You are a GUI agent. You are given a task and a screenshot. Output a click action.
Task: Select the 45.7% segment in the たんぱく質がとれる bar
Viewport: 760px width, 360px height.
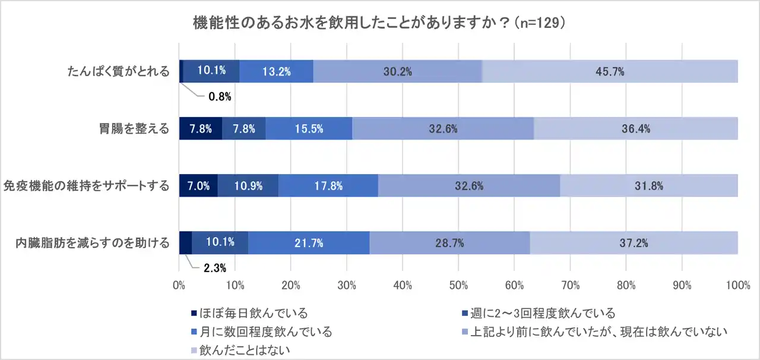click(610, 71)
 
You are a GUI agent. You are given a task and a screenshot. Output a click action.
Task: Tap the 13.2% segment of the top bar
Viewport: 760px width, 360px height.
click(277, 71)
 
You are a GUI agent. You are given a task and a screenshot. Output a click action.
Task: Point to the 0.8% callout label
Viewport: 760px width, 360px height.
click(220, 97)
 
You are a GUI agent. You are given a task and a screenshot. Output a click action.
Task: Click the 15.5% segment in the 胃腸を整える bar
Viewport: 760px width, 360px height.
click(309, 128)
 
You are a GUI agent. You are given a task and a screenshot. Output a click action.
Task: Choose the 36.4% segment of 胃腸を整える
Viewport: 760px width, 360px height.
click(636, 128)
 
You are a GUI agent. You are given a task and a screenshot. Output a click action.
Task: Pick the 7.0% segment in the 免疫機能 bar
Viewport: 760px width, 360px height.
click(198, 185)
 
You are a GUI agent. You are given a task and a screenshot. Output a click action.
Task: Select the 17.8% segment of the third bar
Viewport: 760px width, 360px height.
click(328, 185)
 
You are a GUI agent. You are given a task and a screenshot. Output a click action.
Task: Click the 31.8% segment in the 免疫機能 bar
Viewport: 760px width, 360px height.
click(648, 185)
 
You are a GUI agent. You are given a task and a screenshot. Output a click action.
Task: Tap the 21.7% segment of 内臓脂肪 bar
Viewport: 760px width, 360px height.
click(309, 242)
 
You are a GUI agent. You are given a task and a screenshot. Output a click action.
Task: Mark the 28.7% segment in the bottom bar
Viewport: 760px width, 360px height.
click(449, 242)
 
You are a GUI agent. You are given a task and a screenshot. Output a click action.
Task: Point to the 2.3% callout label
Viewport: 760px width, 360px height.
click(215, 268)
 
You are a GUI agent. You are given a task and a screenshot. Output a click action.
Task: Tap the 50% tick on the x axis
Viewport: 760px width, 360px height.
click(458, 286)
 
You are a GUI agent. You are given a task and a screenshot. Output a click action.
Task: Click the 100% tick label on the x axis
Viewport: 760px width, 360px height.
click(737, 286)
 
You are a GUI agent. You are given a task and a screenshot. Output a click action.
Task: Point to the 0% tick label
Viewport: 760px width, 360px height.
click(179, 286)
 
